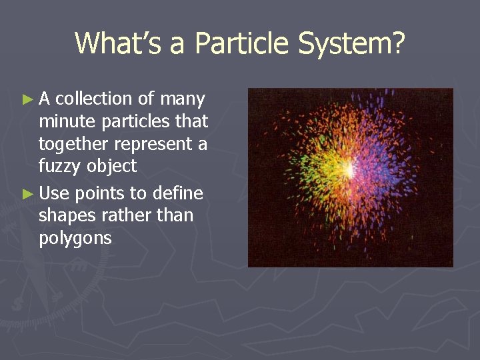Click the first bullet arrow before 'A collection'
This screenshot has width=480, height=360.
click(27, 100)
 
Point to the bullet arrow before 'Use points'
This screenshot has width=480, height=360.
click(27, 194)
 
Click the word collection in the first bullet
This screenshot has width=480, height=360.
click(94, 99)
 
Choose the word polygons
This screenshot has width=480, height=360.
click(75, 238)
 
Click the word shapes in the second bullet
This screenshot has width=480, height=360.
click(65, 215)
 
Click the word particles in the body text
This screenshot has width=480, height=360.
click(137, 122)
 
